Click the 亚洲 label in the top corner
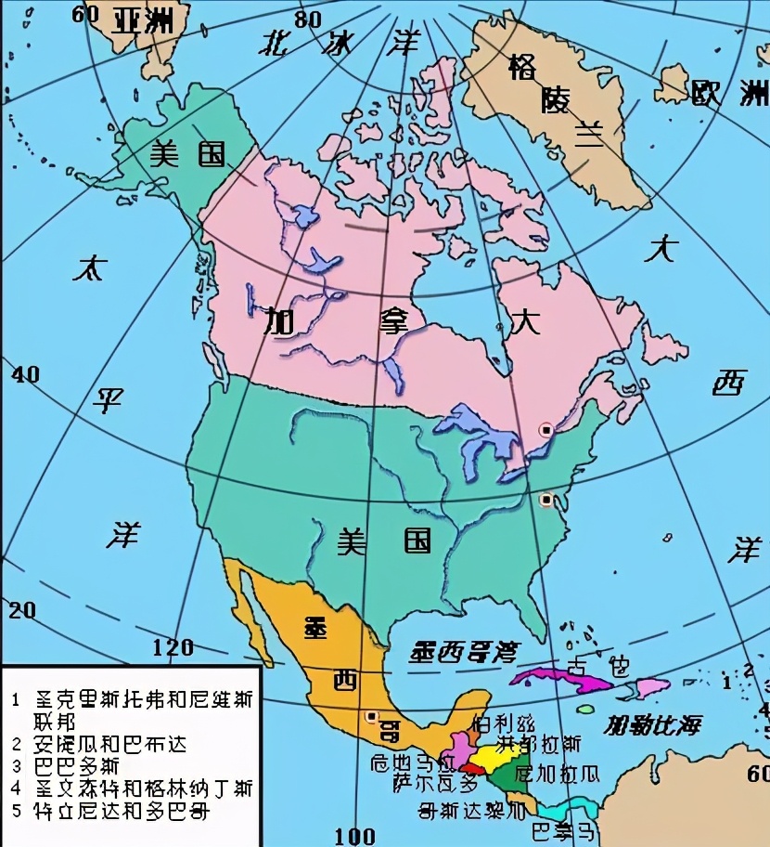[x=141, y=20]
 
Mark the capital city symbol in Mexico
[x=372, y=717]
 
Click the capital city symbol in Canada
[x=546, y=430]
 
